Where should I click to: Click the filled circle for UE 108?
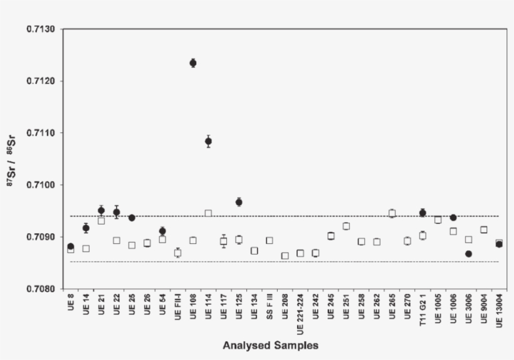tap(193, 63)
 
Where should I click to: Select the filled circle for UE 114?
tap(208, 141)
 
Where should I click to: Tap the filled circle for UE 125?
tap(239, 202)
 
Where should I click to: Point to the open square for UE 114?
tap(208, 213)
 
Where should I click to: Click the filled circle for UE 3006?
tap(468, 254)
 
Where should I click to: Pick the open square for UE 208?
tap(285, 255)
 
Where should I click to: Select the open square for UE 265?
tap(392, 213)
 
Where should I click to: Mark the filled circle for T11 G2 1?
tap(422, 213)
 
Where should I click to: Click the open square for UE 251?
tap(346, 226)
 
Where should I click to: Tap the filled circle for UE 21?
tap(101, 210)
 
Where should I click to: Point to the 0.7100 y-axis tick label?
tap(41, 185)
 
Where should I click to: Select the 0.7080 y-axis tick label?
tap(41, 289)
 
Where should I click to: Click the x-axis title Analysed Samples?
tap(270, 346)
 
